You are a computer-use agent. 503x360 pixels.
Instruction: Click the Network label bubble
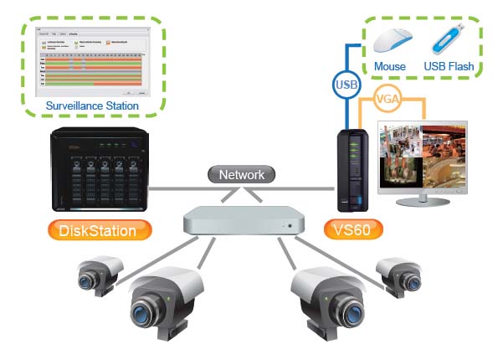241,176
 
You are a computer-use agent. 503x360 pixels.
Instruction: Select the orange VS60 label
352,228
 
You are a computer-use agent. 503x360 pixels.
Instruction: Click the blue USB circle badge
346,85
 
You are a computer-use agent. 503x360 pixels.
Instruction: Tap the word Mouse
390,66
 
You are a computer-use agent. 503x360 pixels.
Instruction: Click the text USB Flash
449,66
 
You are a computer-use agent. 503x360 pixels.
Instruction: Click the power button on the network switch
289,226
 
